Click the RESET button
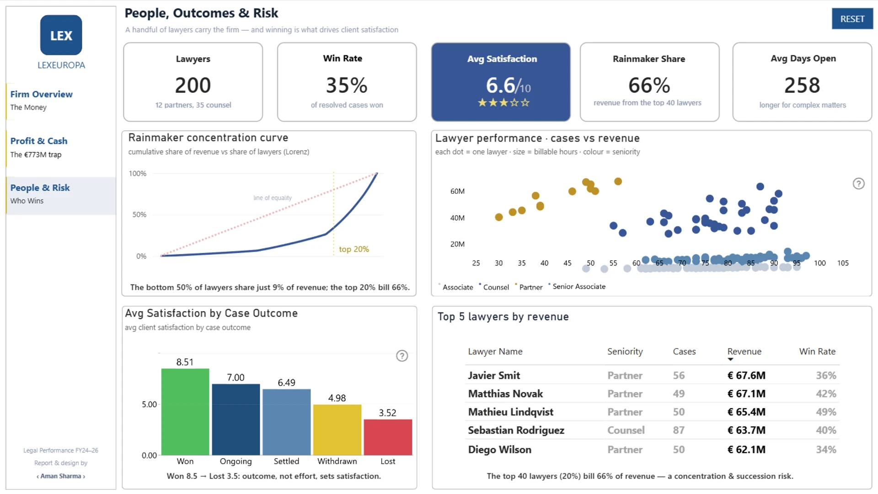(x=852, y=19)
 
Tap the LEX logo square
(x=61, y=35)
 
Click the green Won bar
(x=185, y=412)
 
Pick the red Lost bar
(x=388, y=437)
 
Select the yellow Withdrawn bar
(x=337, y=430)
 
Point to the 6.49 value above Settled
(x=286, y=382)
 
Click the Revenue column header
(x=744, y=351)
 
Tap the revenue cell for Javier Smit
(x=746, y=376)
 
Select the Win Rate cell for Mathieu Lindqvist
(x=826, y=412)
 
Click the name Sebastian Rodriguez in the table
(x=516, y=430)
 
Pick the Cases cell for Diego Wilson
(x=679, y=450)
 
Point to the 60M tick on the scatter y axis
(x=457, y=191)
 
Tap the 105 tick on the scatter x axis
(x=843, y=263)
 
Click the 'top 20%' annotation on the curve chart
(x=353, y=249)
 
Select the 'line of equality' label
(x=273, y=198)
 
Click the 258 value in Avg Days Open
(x=802, y=85)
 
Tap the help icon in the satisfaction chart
(x=402, y=356)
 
